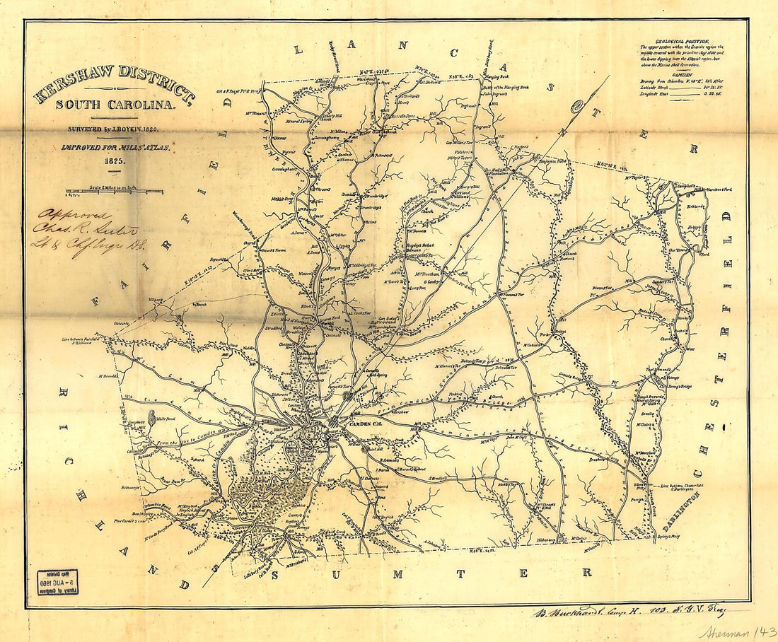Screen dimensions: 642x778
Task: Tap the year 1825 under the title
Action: point(113,161)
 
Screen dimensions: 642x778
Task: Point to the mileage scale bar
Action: point(113,192)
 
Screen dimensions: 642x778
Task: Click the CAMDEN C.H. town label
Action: point(366,422)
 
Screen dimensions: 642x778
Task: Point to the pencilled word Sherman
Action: point(720,630)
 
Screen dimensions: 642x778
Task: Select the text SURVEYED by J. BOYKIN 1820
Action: point(113,129)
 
